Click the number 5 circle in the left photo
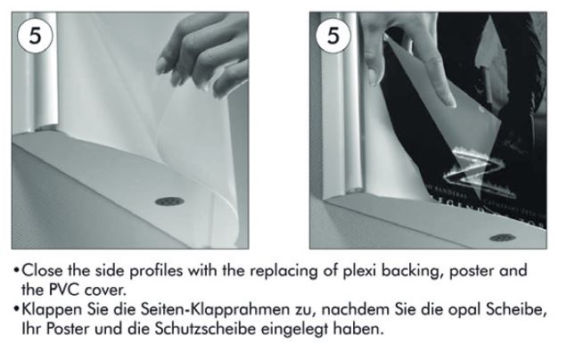pos(35,36)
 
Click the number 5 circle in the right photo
pos(333,36)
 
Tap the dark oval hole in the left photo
pos(169,201)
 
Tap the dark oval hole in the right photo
pos(503,237)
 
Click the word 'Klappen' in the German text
pos(52,310)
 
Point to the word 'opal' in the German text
pos(464,310)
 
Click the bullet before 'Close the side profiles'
pos(16,271)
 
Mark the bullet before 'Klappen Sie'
pos(16,310)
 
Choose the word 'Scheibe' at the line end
pos(516,309)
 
